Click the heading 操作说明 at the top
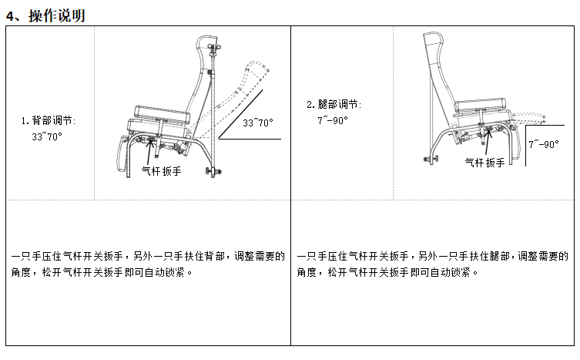57,16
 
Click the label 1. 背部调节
48,121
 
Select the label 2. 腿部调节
334,104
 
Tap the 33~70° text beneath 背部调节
47,136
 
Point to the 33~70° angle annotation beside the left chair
258,123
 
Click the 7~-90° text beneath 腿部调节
333,120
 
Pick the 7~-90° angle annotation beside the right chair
543,144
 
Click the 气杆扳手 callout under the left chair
161,171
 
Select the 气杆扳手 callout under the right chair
484,163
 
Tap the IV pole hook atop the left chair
213,47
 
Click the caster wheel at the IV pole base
213,171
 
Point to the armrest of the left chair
162,114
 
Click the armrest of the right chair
480,104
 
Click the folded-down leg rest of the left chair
122,153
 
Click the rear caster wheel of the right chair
431,160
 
